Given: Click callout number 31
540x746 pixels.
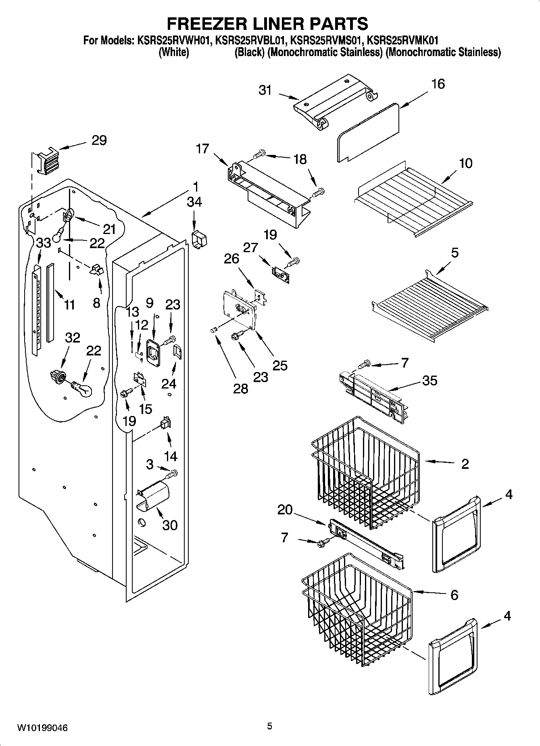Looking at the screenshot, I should tap(265, 90).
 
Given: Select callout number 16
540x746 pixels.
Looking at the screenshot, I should tap(438, 84).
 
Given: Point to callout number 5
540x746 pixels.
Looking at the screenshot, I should tap(455, 253).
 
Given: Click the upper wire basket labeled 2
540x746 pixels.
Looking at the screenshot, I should tap(363, 472).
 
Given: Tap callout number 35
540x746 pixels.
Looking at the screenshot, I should tap(429, 380).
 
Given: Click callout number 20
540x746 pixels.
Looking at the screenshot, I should tap(285, 510).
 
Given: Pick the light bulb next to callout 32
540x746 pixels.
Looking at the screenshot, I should tap(82, 390).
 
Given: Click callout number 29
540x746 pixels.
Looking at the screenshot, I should tap(99, 140).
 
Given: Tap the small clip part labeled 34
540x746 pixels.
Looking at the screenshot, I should tap(199, 239).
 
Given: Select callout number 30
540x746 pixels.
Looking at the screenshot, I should tap(170, 525).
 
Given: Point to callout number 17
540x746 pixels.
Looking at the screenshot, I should tap(202, 148).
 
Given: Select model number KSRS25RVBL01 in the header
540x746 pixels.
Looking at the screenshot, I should tap(252, 40).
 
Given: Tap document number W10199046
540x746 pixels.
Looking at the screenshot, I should tap(42, 727).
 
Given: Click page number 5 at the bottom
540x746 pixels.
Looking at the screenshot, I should tap(269, 726).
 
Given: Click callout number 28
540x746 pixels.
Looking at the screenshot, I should tap(241, 389).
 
